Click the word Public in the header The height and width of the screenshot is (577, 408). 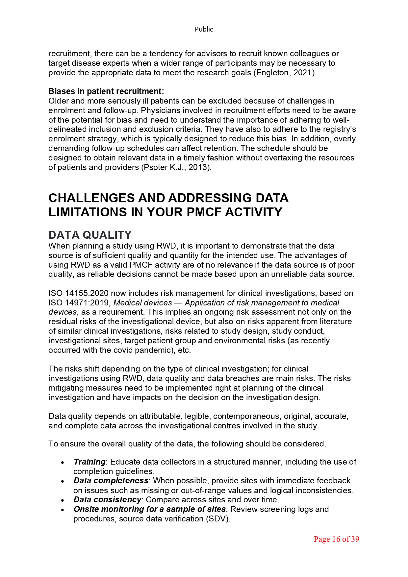click(204, 29)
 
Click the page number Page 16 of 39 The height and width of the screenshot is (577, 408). click(336, 539)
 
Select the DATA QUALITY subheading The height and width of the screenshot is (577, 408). click(90, 235)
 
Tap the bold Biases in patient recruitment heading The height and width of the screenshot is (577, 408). click(106, 91)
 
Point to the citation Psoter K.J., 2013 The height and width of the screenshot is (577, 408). click(176, 167)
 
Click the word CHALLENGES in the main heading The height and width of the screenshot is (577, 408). click(91, 198)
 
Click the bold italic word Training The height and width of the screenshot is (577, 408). click(89, 462)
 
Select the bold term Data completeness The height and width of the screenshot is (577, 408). click(111, 481)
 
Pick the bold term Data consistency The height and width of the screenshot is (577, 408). click(107, 500)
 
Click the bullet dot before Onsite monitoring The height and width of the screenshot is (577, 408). click(63, 510)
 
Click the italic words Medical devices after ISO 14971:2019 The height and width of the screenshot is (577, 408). click(142, 302)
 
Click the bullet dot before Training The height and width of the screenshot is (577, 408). click(63, 462)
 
